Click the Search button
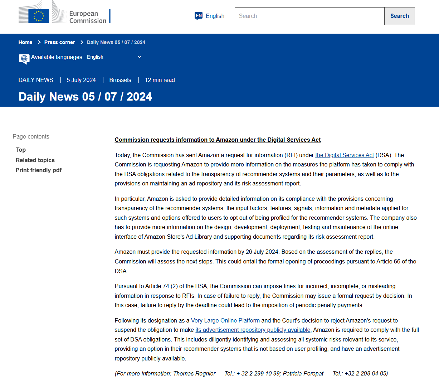(x=399, y=16)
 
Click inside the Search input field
(x=309, y=16)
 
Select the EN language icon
(x=199, y=16)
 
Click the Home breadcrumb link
(x=25, y=42)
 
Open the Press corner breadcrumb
(x=59, y=42)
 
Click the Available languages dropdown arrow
(x=140, y=57)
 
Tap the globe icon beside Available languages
(x=24, y=58)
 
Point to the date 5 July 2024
(x=81, y=80)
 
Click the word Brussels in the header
(x=120, y=80)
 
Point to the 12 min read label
(x=160, y=80)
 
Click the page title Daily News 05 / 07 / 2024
(x=85, y=97)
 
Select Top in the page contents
(x=21, y=150)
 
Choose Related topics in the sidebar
(x=35, y=160)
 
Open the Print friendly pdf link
(x=39, y=170)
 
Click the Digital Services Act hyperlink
(x=344, y=155)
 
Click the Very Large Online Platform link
(x=225, y=320)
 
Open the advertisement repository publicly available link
(x=253, y=330)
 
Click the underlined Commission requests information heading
(x=218, y=140)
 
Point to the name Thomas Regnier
(x=194, y=373)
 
